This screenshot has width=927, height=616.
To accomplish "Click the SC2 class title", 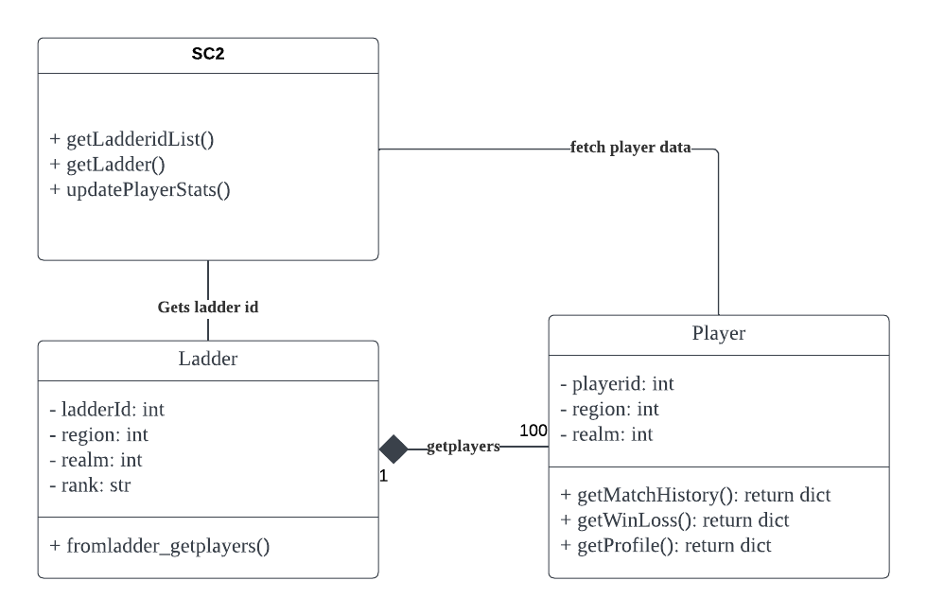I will pos(207,55).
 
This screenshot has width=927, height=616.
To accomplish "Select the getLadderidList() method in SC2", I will pos(131,139).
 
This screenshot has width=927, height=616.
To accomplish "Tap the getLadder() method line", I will pos(107,165).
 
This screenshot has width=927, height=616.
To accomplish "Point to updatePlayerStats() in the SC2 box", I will pos(140,189).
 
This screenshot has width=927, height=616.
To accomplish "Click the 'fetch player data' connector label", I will pos(630,148).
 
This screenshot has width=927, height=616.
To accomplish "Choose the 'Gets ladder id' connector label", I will pos(208,308).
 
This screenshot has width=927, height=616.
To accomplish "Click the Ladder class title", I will pos(207,359).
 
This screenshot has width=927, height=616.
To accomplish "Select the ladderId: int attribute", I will pos(107,410).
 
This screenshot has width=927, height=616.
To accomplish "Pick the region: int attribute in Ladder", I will pos(98,434).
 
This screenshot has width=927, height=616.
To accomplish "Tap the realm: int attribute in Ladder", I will pos(96,460).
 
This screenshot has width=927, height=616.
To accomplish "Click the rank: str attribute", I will pos(90,485).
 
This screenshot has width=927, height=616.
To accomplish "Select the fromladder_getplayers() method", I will pos(159,546).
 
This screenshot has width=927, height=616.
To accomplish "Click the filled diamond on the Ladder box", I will pos(394,449).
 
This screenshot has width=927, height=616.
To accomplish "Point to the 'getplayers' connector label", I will pos(463,446).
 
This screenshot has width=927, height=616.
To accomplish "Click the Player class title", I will pos(718,333).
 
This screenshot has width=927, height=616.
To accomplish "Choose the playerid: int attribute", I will pos(617,384).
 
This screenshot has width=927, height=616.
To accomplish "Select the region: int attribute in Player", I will pos(609,409).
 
